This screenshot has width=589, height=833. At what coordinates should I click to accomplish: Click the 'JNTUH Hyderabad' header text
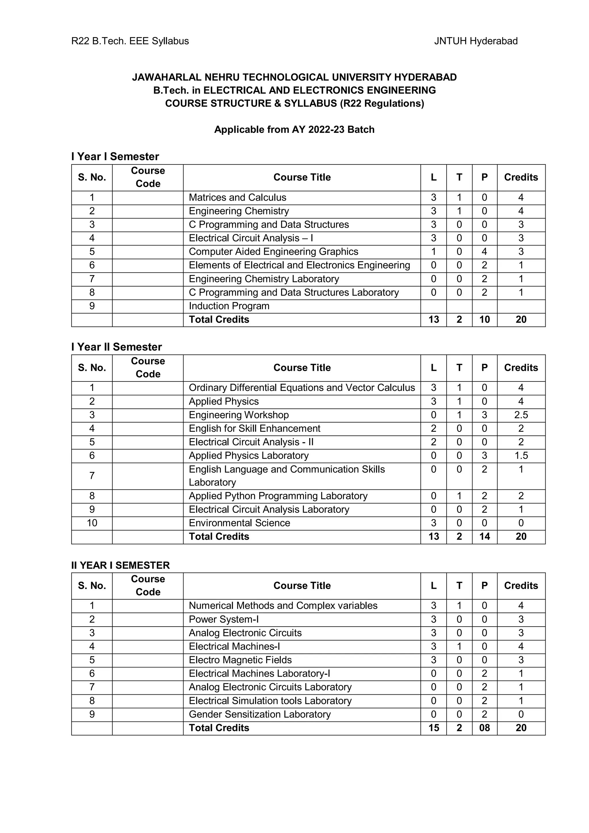click(x=475, y=41)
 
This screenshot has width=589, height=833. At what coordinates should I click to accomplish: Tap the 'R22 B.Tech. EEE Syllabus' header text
click(x=130, y=41)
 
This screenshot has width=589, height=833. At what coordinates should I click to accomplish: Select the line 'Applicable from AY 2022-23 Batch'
click(x=294, y=130)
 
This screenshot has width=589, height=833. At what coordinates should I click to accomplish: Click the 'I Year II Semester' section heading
click(x=116, y=347)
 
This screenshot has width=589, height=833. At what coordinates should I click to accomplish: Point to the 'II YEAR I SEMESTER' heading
click(x=121, y=565)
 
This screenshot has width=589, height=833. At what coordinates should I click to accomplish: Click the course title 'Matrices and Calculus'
click(x=237, y=197)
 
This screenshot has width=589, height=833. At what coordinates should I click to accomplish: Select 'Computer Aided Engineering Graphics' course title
click(x=273, y=252)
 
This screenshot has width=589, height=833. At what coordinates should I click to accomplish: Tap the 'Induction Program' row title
click(x=229, y=306)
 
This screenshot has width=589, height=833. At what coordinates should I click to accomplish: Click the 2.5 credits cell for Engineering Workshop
click(x=521, y=415)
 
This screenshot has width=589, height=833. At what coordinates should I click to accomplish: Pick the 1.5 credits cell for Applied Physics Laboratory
click(x=521, y=455)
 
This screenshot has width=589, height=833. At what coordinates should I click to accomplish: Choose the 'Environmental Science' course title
click(x=239, y=523)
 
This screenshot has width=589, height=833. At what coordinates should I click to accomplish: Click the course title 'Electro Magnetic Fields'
click(x=240, y=660)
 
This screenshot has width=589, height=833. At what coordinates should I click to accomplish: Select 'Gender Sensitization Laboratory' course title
click(x=259, y=714)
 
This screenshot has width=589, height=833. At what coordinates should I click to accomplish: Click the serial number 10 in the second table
click(x=92, y=523)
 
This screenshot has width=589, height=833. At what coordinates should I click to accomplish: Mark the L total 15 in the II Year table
click(x=433, y=728)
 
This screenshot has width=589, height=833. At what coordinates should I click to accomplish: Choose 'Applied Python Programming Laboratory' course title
click(x=278, y=496)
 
